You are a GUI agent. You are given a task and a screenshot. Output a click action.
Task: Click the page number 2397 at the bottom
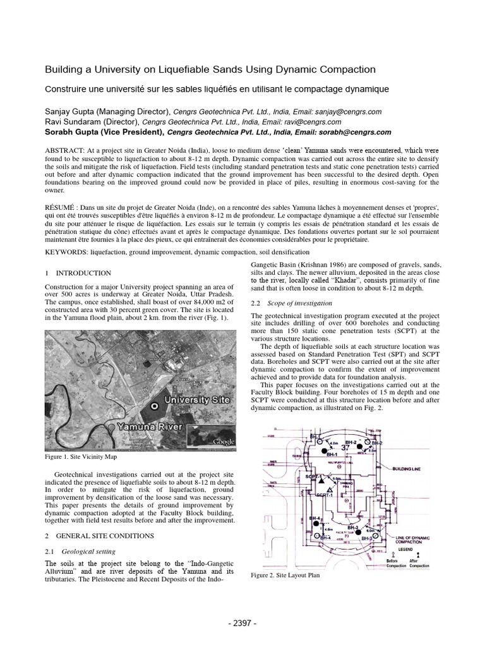pos(242,622)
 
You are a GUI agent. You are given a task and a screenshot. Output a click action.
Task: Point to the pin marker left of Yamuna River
pos(111,428)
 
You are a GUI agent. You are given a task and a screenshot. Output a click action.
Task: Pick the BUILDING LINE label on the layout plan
pos(413,469)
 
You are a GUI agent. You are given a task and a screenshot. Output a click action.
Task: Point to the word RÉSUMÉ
pos(63,206)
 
